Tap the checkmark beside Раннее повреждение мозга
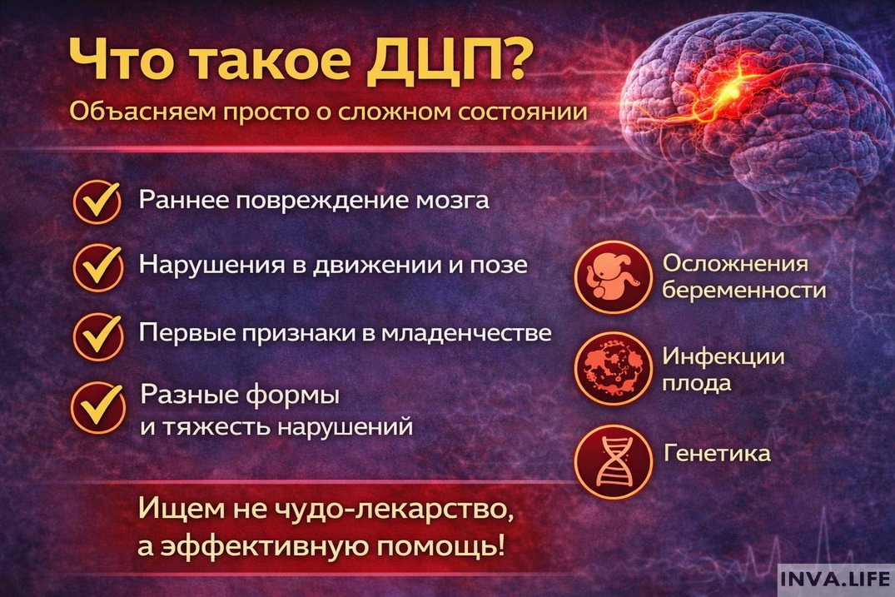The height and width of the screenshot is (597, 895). (97, 201)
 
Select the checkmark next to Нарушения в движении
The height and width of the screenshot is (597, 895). (97, 265)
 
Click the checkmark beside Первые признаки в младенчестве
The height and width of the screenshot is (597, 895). (97, 334)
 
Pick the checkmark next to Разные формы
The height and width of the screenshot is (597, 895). (97, 404)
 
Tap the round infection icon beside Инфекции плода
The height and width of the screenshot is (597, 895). (611, 367)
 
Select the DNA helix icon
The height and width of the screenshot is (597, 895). (611, 458)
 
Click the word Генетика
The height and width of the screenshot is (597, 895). (716, 454)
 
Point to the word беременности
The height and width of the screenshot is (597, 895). (744, 291)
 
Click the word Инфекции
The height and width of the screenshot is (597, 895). (723, 356)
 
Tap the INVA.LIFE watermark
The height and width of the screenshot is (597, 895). (835, 579)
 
